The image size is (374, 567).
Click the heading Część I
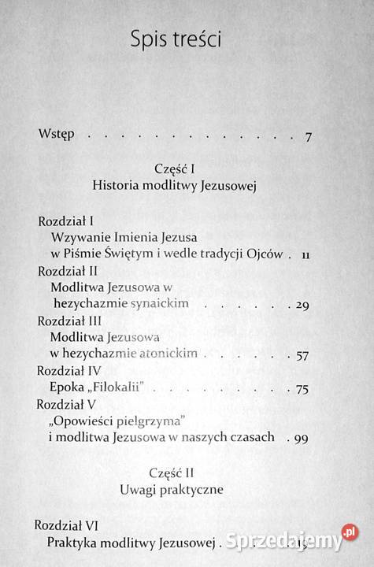[186, 169]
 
